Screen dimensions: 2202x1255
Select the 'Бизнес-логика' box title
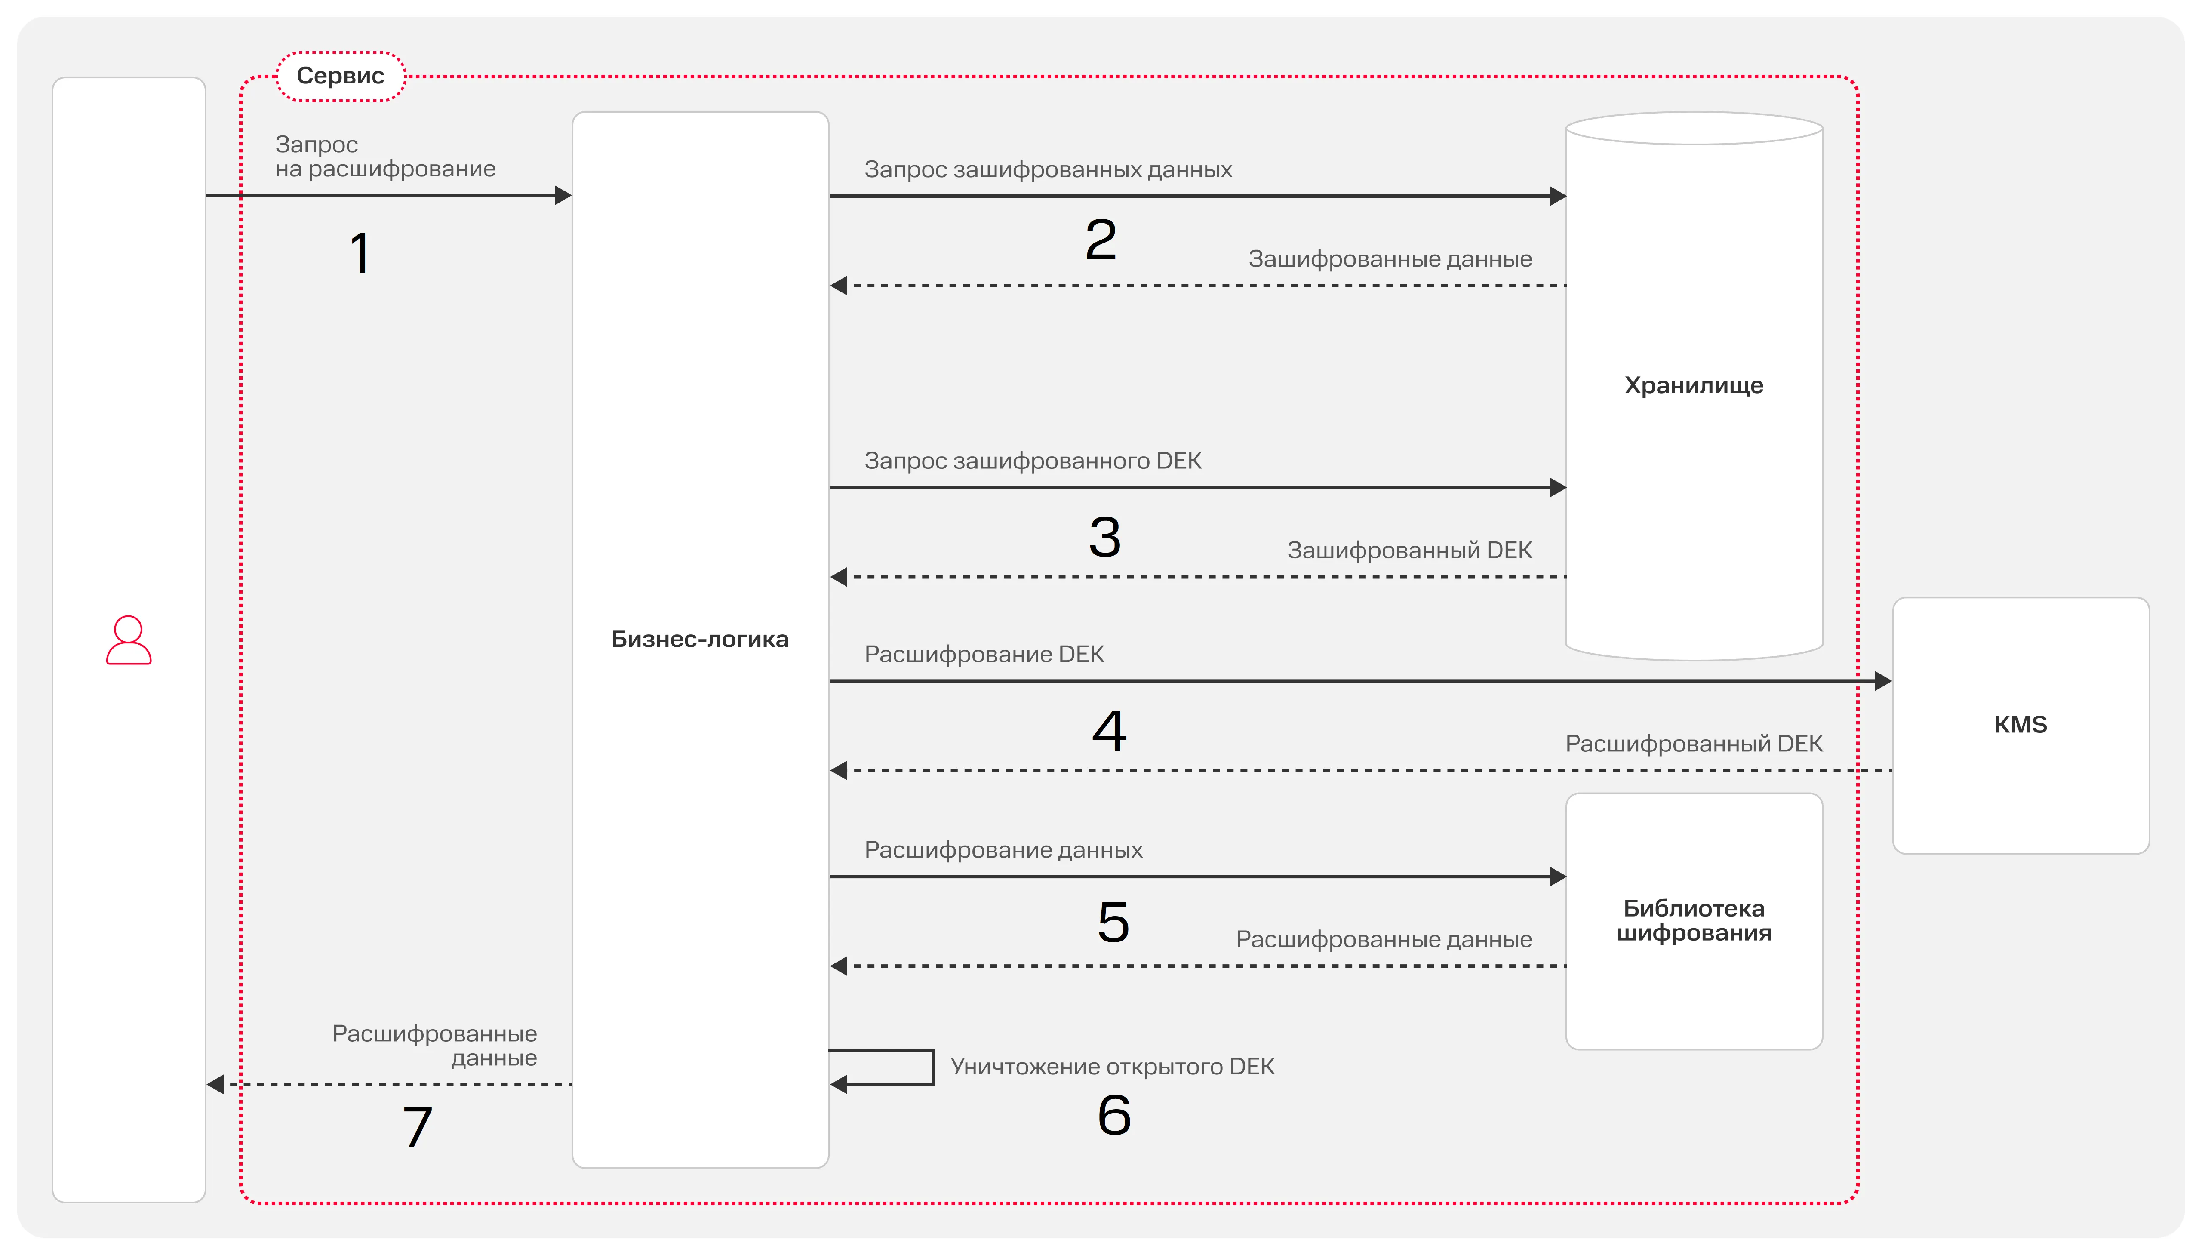(700, 639)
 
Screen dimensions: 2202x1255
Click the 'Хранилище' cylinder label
(1694, 385)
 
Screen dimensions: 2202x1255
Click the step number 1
(360, 253)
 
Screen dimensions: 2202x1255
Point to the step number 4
(1109, 731)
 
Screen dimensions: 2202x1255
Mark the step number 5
(1113, 922)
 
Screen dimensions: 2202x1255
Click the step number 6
(1114, 1114)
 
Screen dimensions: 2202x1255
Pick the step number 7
(418, 1126)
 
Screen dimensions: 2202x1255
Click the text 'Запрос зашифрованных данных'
(1048, 170)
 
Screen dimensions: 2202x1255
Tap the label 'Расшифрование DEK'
(984, 654)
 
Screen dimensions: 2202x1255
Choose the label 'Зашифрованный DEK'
(1409, 550)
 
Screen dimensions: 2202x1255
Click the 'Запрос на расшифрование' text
(385, 156)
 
